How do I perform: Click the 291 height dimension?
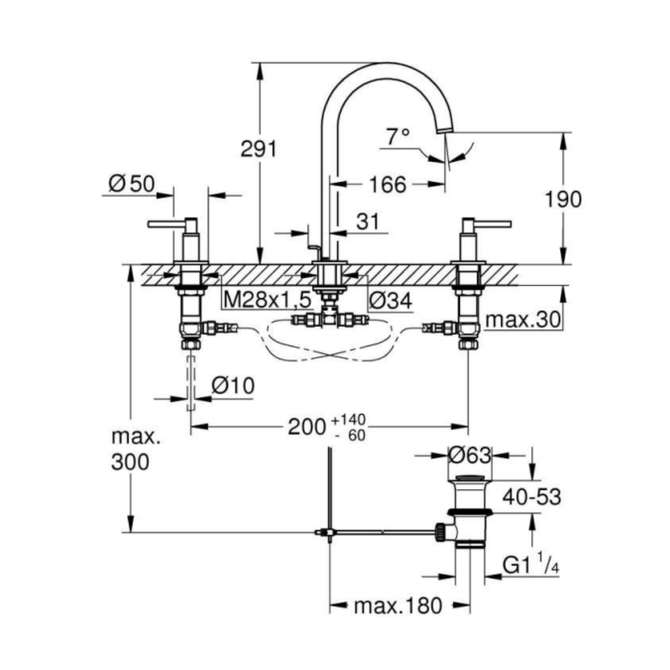coord(259,149)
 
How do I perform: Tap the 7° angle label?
coord(398,136)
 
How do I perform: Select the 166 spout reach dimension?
coord(387,185)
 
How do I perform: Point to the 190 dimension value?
coord(563,199)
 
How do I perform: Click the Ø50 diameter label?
coord(131,184)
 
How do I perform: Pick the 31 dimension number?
coord(368,221)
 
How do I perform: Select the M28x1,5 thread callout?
coord(267,300)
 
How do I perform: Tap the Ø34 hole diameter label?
coord(391,301)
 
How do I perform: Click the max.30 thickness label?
coord(523,319)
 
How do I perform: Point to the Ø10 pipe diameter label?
coord(233,386)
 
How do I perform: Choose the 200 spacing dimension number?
coord(307,426)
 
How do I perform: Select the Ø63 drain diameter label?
coord(470,455)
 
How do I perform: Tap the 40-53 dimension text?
coord(531,497)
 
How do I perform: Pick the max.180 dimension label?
coord(398,606)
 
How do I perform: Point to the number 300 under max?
coord(131,462)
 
